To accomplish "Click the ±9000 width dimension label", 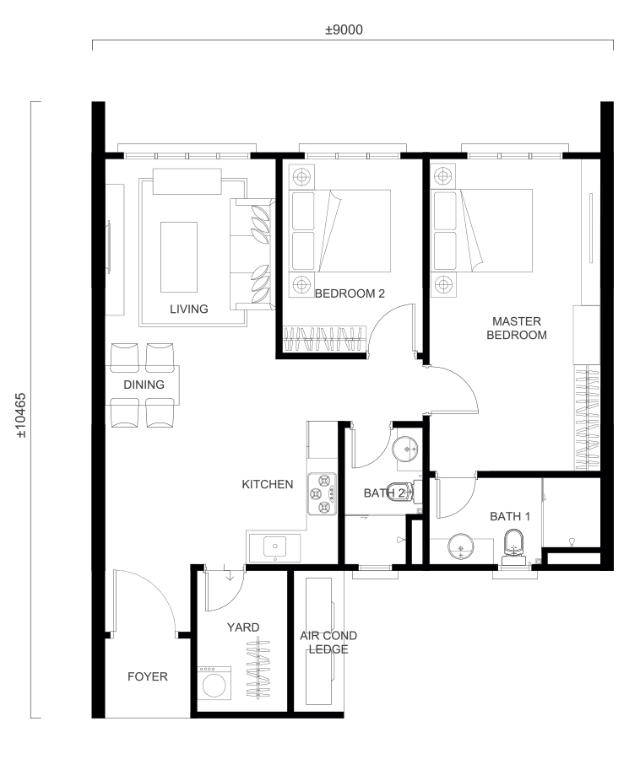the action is pos(344,30).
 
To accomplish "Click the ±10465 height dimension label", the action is pos(21,415).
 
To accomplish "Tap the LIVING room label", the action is pos(189,309).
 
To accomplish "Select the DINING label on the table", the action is pos(144,385).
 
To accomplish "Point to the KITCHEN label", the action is pos(268,485).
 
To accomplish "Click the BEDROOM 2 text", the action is pos(350,293).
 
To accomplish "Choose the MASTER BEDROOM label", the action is pos(517,328).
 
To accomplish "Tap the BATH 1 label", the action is pos(510,516).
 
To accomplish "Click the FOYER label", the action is pos(148,676).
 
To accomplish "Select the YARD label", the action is pos(243,627).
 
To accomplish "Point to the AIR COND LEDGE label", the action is pos(328,643).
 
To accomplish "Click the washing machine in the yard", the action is pos(214,683).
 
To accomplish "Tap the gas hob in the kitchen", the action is pos(323,493).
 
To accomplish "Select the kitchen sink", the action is pos(274,547).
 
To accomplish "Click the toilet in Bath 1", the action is pos(513,547).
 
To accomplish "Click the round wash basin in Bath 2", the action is pos(406,449).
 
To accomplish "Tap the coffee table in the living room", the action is pos(179,257).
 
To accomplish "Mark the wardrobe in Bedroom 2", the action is pos(323,338).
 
